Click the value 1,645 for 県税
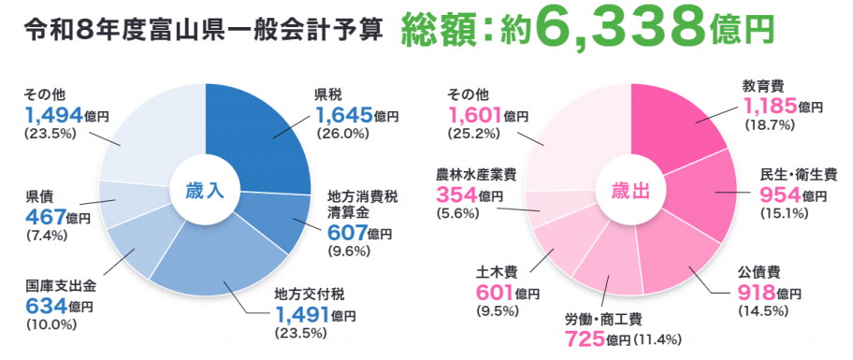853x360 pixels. [344, 115]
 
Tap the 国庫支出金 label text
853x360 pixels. [59, 286]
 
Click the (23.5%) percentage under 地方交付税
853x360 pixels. [295, 332]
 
